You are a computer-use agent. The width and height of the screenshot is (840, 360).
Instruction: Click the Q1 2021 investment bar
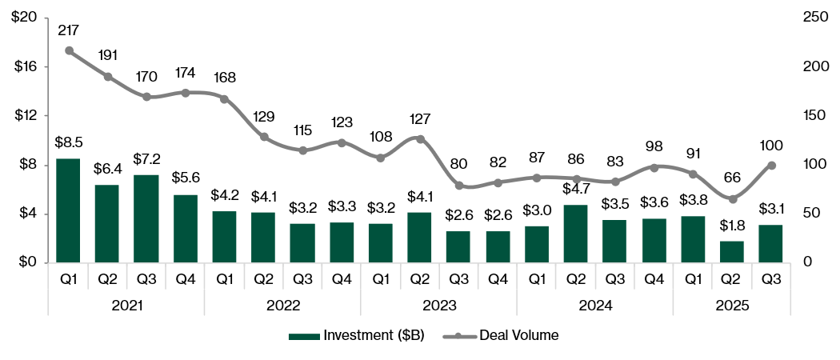(x=69, y=210)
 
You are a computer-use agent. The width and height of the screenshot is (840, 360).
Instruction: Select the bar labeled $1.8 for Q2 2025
(x=733, y=251)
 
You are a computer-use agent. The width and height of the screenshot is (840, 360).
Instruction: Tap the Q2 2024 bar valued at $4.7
(x=576, y=234)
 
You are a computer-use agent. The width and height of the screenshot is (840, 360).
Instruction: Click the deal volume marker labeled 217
(x=69, y=50)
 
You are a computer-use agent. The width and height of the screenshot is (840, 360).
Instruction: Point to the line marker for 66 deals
(x=733, y=198)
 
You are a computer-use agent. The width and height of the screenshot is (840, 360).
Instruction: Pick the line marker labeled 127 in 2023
(x=420, y=139)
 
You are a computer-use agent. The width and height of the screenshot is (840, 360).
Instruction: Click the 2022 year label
(x=283, y=306)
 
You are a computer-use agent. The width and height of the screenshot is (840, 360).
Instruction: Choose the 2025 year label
(x=733, y=306)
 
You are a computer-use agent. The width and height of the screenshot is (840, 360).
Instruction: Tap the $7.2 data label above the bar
(x=146, y=158)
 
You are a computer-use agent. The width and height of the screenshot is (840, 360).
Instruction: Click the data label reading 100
(x=771, y=146)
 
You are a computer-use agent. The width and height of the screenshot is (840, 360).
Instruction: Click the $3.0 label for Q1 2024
(x=537, y=210)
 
